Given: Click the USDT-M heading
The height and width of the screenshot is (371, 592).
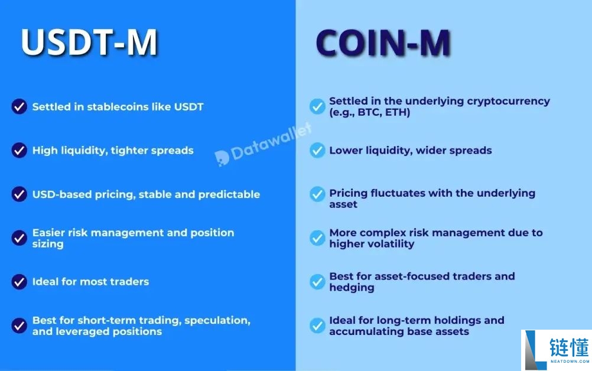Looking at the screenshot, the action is click(x=89, y=42).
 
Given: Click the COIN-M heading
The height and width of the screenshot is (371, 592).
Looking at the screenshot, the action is click(x=383, y=43).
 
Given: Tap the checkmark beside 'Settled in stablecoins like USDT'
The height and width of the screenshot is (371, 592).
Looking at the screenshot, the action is click(x=19, y=106).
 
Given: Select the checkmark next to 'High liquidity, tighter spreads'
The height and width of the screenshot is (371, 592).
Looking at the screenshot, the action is click(x=19, y=150).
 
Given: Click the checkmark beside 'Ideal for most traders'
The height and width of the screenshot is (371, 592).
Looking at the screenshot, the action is click(x=19, y=282).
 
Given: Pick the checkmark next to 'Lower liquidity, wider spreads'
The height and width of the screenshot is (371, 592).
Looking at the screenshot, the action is click(x=317, y=150).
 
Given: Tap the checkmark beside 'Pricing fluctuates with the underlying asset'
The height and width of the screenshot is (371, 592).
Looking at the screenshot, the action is click(x=317, y=194).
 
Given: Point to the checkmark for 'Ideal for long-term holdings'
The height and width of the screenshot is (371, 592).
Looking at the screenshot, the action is click(x=317, y=326).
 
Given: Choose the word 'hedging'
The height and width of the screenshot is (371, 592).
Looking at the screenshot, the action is click(x=352, y=288).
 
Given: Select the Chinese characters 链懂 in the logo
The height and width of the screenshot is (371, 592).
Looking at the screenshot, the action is click(x=569, y=347).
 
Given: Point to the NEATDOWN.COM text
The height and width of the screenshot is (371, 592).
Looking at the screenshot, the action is click(x=570, y=361).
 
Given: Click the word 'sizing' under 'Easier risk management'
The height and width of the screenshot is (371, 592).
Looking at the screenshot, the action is click(x=48, y=244).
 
